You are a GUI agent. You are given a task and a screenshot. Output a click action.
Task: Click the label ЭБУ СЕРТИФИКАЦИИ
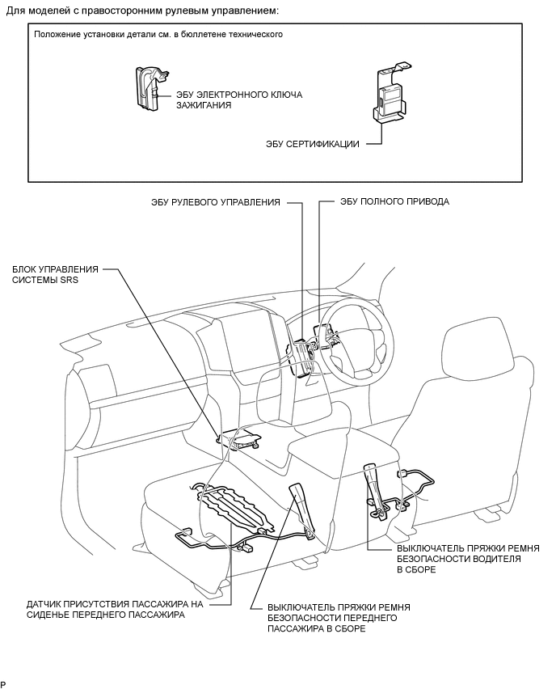(x=312, y=144)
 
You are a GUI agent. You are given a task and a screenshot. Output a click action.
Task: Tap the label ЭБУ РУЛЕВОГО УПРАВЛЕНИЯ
(x=215, y=202)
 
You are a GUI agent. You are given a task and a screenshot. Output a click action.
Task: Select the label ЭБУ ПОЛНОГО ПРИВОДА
(x=395, y=201)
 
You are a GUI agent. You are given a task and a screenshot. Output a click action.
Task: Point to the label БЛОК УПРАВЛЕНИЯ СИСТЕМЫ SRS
(x=55, y=274)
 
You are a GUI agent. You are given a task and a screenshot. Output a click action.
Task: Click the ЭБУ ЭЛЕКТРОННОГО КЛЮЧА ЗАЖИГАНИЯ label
(x=239, y=99)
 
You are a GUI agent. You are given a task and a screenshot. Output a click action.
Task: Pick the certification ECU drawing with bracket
(x=390, y=91)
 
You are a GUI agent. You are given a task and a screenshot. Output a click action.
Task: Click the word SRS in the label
(x=69, y=280)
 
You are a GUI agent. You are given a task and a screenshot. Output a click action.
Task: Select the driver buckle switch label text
(x=468, y=559)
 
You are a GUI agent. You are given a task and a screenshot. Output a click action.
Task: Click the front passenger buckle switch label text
(x=339, y=618)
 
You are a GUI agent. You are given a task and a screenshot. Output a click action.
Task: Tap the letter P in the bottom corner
(x=3, y=683)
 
